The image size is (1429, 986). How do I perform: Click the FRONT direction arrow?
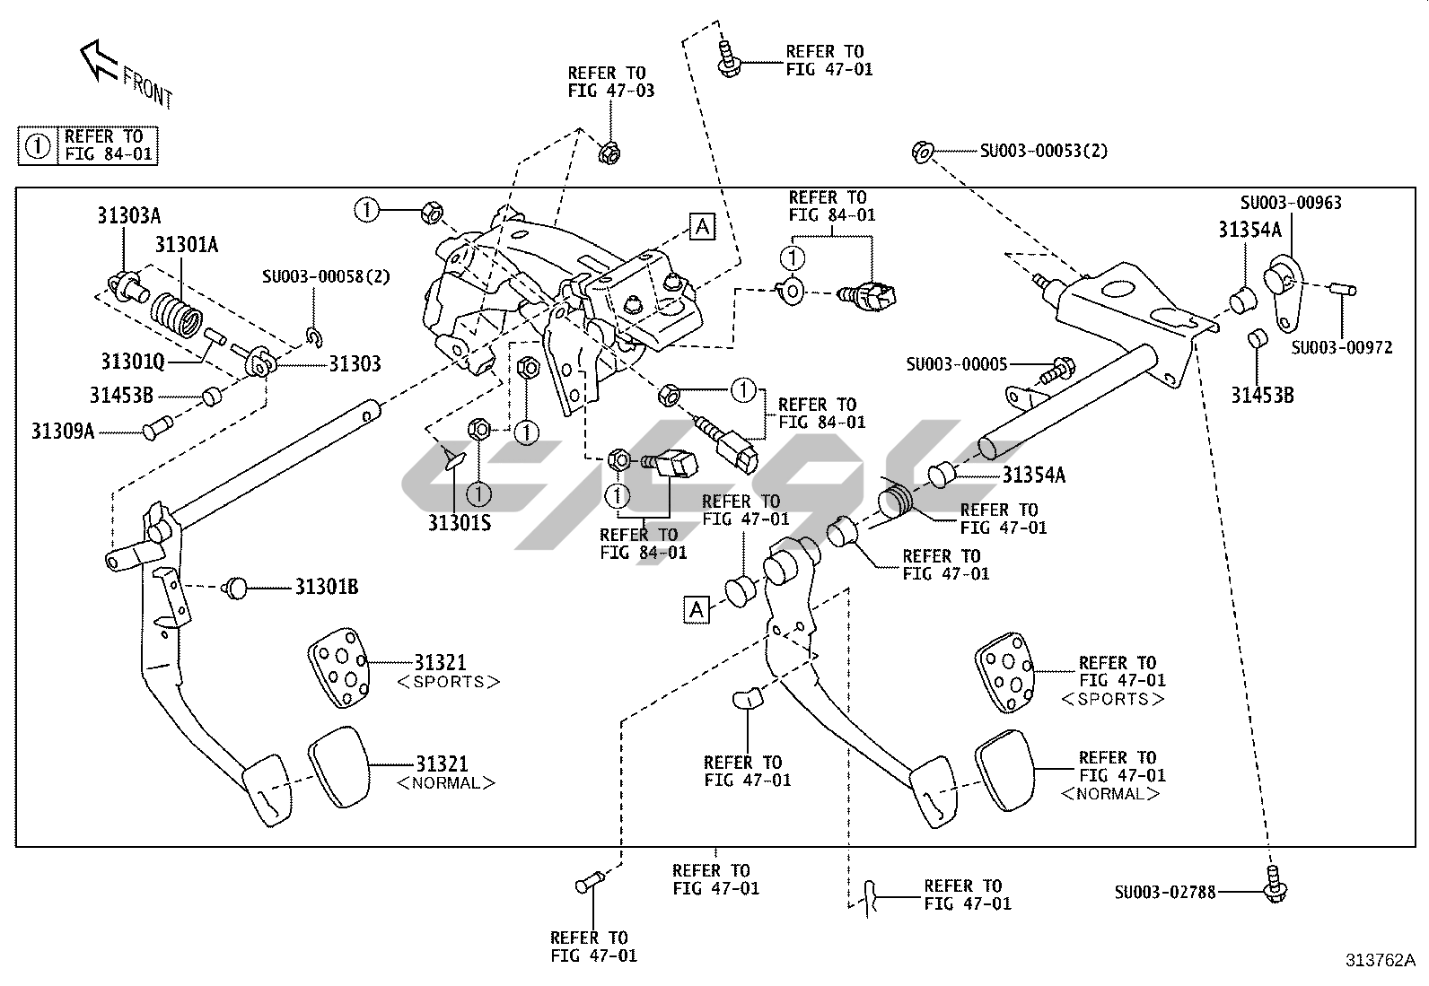99,61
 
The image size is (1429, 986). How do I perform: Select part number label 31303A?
129,215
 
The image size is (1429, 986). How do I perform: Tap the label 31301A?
187,245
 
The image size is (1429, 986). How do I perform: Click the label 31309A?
63,431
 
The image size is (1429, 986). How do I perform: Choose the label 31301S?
459,522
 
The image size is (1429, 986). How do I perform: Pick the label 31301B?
327,588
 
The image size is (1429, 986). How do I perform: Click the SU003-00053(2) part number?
1043,151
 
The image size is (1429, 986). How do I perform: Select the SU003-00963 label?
1291,203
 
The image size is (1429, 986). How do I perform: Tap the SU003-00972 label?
1342,346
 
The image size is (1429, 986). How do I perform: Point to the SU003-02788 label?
1165,892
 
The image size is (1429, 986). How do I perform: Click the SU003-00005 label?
956,364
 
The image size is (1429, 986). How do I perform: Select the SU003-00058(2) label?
326,276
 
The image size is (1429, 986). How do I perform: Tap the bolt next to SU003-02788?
1274,886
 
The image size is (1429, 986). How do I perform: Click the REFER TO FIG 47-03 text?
610,82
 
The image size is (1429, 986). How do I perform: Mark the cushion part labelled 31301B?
236,588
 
